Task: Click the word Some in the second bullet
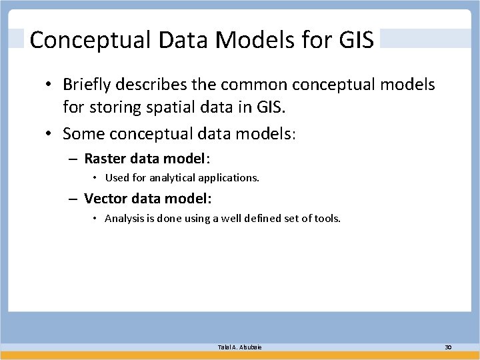tap(83, 134)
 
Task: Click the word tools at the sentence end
tap(327, 218)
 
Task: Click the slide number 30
tap(448, 347)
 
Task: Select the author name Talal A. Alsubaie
tap(239, 347)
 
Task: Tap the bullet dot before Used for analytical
tap(96, 179)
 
